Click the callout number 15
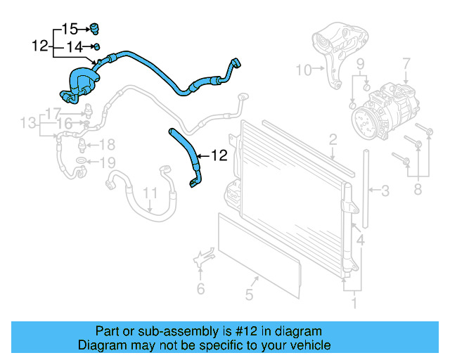click(x=70, y=29)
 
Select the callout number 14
click(x=75, y=47)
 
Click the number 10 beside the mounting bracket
click(x=303, y=70)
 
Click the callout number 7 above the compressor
click(x=406, y=65)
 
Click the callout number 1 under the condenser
click(x=354, y=304)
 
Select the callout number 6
click(x=200, y=288)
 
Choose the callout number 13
click(x=27, y=124)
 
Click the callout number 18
click(x=106, y=145)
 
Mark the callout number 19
click(x=106, y=163)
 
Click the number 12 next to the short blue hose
click(x=219, y=155)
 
